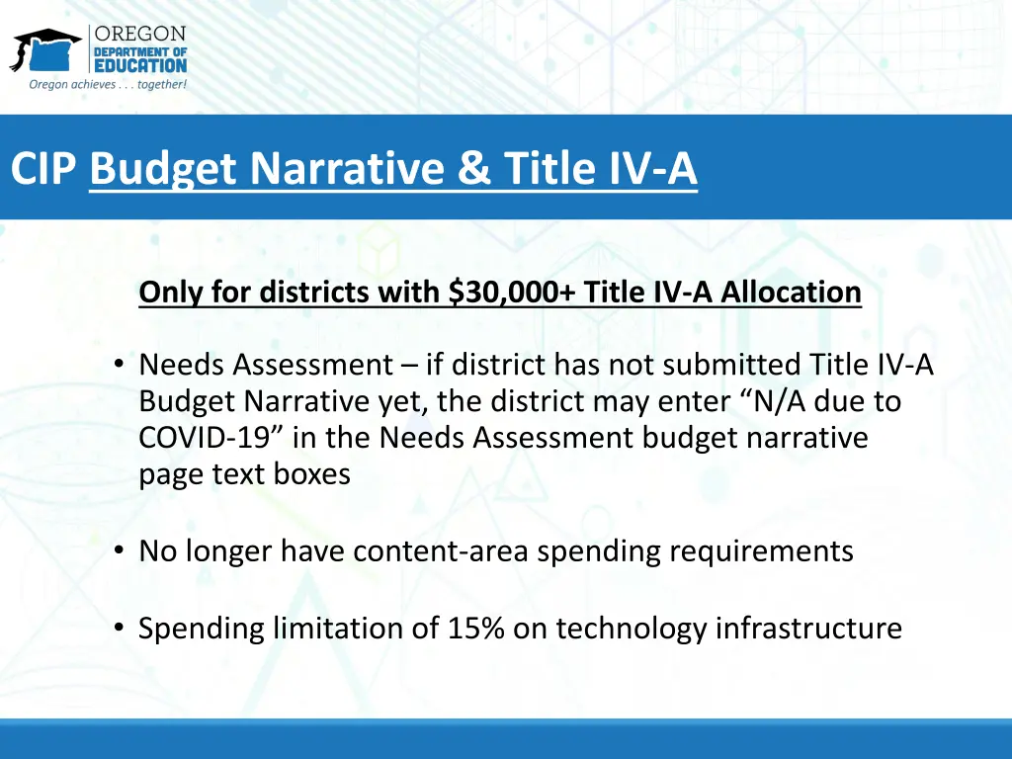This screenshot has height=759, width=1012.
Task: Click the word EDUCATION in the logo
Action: [139, 65]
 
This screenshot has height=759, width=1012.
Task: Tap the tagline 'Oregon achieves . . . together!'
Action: [108, 85]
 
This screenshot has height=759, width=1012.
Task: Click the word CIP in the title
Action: [43, 168]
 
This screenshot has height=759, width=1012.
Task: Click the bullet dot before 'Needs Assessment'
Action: [119, 366]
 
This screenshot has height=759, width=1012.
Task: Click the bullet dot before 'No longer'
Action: [119, 550]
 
